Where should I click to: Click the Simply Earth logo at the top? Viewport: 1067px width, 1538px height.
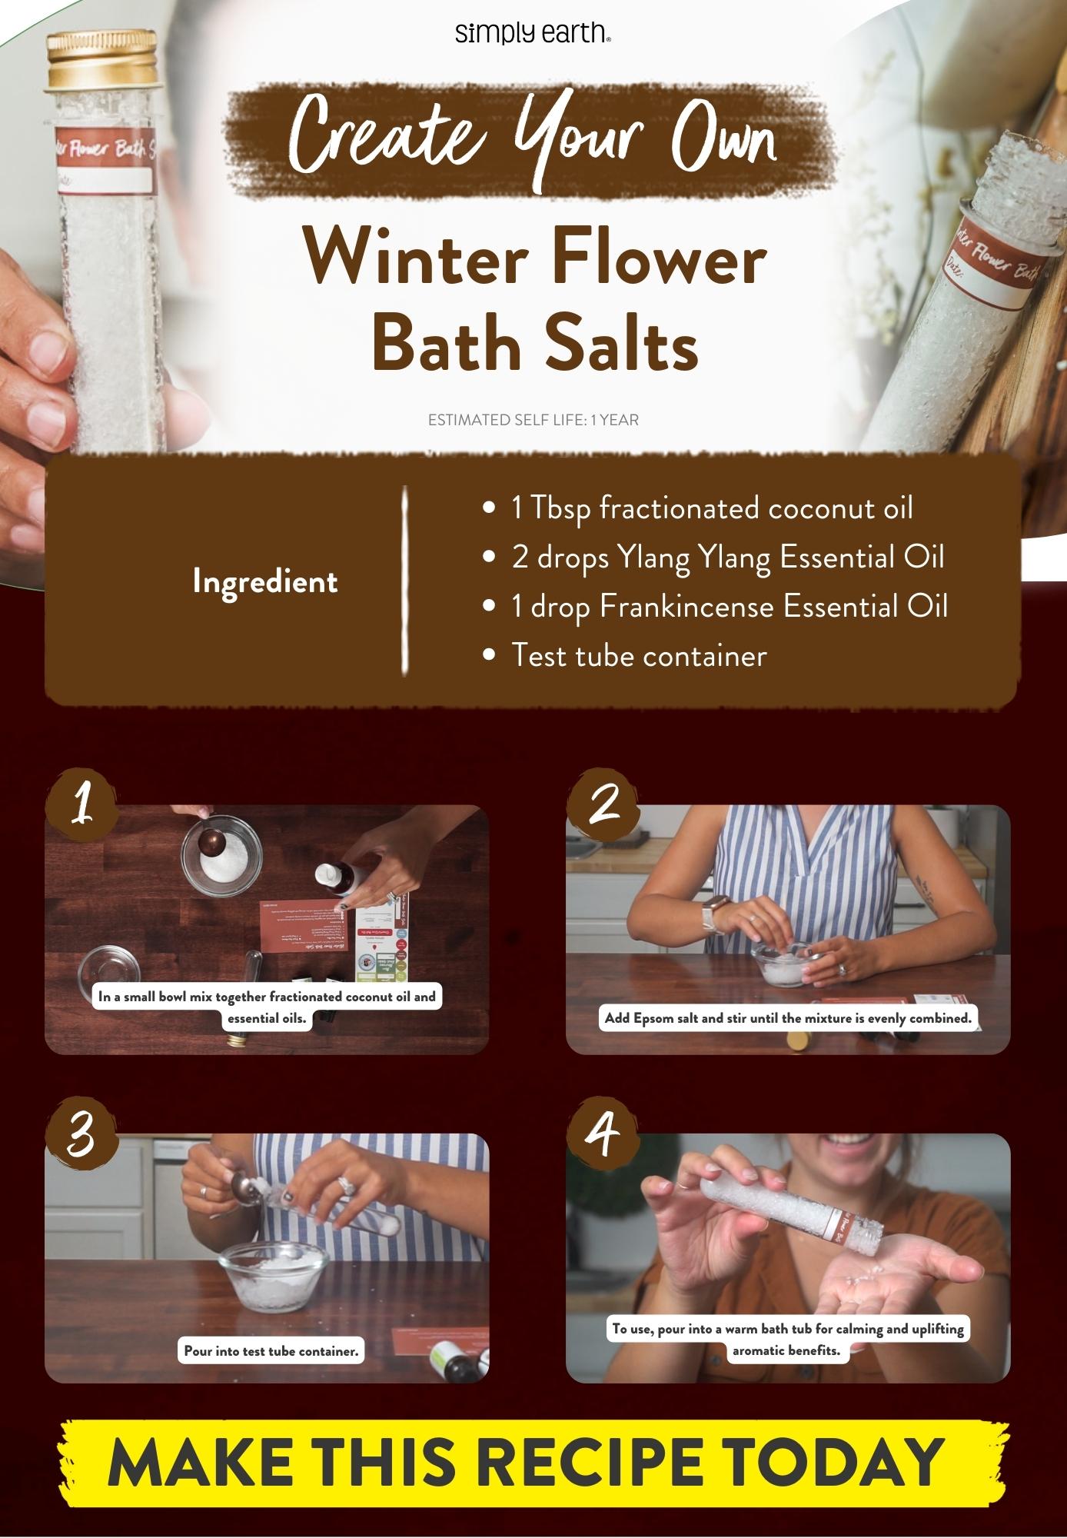pyautogui.click(x=533, y=34)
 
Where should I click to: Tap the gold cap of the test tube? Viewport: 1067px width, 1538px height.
pyautogui.click(x=102, y=58)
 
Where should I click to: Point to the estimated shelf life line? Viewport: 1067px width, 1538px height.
pyautogui.click(x=533, y=420)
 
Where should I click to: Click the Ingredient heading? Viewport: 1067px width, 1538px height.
pyautogui.click(x=264, y=581)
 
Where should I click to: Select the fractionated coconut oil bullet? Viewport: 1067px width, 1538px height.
pyautogui.click(x=712, y=508)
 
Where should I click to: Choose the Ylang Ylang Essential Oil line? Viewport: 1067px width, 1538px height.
pyautogui.click(x=727, y=558)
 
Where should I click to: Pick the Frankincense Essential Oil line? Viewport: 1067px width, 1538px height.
pyautogui.click(x=729, y=607)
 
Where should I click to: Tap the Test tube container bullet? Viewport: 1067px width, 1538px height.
pyautogui.click(x=639, y=656)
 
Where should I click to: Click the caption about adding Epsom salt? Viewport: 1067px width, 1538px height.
pyautogui.click(x=788, y=1018)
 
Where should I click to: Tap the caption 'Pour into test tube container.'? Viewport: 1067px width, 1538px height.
pyautogui.click(x=271, y=1350)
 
